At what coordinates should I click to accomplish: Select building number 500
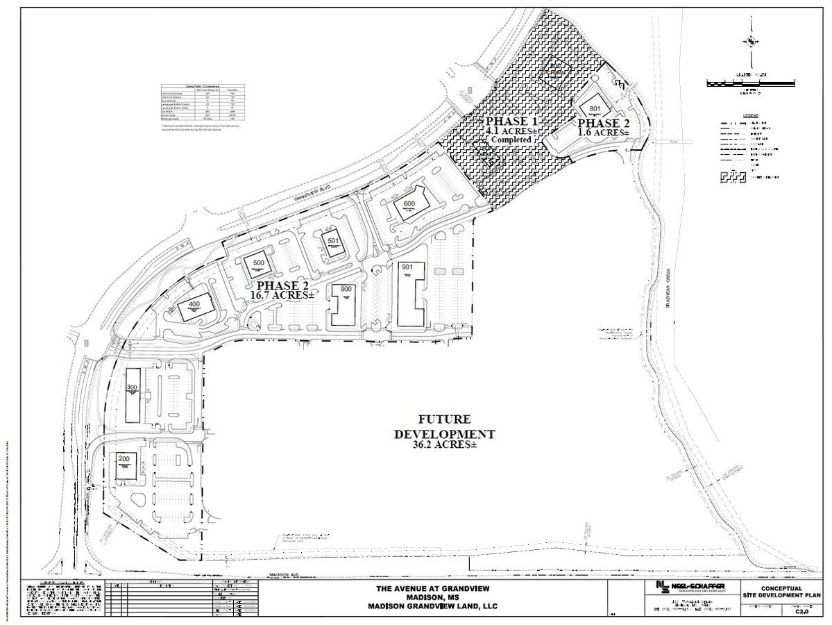pos(260,263)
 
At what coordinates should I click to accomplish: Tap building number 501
pos(333,241)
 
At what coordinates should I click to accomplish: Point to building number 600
pos(409,203)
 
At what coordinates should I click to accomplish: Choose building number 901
pos(407,267)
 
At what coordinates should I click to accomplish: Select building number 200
pos(124,459)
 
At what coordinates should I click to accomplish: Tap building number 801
pos(594,109)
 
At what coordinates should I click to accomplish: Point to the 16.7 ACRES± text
pos(283,295)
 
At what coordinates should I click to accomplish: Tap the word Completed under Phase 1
pos(512,140)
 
